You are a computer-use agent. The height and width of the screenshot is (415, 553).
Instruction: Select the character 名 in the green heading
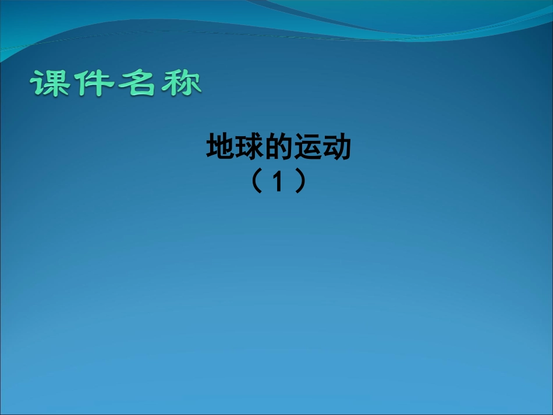pyautogui.click(x=137, y=83)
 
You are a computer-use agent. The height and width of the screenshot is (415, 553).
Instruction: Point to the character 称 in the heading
pyautogui.click(x=180, y=83)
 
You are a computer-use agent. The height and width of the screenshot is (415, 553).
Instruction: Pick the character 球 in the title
pyautogui.click(x=250, y=148)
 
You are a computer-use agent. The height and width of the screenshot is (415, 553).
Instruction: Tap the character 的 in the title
pyautogui.click(x=279, y=148)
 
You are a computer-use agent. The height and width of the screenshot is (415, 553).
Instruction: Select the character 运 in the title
pyautogui.click(x=309, y=148)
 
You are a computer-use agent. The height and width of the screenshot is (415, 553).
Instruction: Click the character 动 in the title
pyautogui.click(x=338, y=148)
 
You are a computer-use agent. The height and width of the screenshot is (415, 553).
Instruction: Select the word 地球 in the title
pyautogui.click(x=236, y=148)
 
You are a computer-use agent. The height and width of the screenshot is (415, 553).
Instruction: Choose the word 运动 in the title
pyautogui.click(x=323, y=148)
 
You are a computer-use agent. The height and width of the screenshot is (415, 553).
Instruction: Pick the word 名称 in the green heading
pyautogui.click(x=158, y=83)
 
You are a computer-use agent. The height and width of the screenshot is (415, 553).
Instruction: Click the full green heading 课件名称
pyautogui.click(x=116, y=83)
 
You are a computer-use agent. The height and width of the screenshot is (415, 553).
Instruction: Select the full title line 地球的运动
pyautogui.click(x=279, y=148)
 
